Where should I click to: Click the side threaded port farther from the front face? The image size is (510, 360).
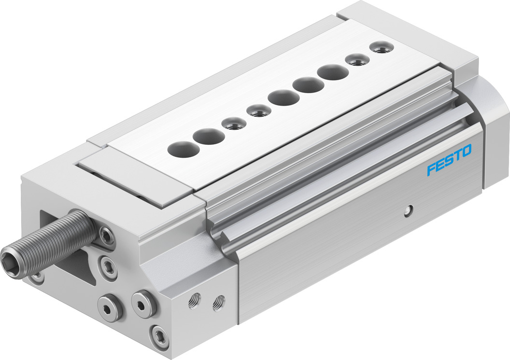pyautogui.click(x=218, y=303)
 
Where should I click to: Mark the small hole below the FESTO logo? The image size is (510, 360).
pyautogui.click(x=409, y=210)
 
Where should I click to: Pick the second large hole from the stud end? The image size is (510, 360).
pyautogui.click(x=208, y=137)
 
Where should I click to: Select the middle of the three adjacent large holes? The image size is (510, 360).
pyautogui.click(x=308, y=85)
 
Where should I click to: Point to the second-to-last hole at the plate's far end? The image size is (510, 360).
pyautogui.click(x=358, y=60)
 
